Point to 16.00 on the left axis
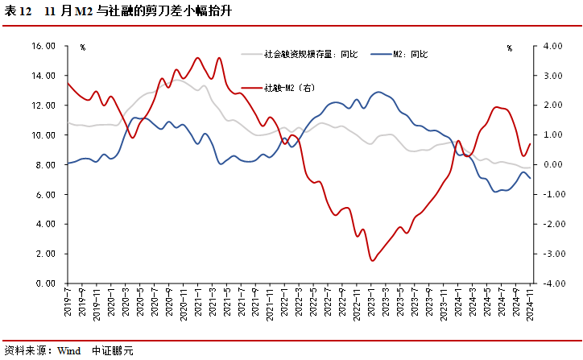[x=43, y=46]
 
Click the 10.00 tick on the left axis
[x=43, y=135]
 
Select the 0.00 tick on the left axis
[x=47, y=283]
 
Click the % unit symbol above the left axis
[x=82, y=48]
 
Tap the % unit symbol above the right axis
[x=509, y=48]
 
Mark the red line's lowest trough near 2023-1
[x=372, y=260]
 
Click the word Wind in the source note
[x=69, y=350]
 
